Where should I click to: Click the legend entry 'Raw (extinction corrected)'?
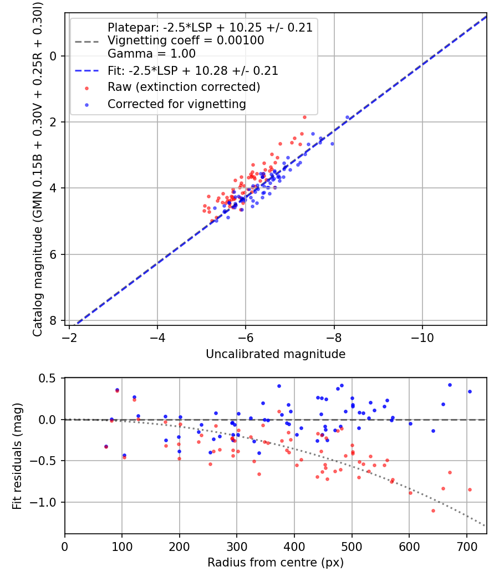pyautogui.click(x=184, y=87)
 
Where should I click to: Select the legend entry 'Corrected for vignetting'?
pyautogui.click(x=176, y=104)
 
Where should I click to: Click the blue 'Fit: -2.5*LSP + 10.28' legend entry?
pyautogui.click(x=192, y=71)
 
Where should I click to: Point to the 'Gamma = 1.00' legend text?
pyautogui.click(x=151, y=54)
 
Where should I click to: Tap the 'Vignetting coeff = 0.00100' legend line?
pyautogui.click(x=185, y=40)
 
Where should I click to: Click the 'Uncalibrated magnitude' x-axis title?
pyautogui.click(x=276, y=354)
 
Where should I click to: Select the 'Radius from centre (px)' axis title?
pyautogui.click(x=276, y=563)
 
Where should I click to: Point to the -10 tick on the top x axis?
pyautogui.click(x=422, y=338)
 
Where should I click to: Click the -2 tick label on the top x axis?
pyautogui.click(x=69, y=338)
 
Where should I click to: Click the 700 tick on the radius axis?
pyautogui.click(x=466, y=546)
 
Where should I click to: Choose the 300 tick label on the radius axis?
pyautogui.click(x=237, y=546)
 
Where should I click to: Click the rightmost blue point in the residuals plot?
pyautogui.click(x=470, y=391)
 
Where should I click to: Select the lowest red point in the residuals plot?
pyautogui.click(x=433, y=510)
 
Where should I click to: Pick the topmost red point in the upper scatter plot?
pyautogui.click(x=304, y=117)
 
